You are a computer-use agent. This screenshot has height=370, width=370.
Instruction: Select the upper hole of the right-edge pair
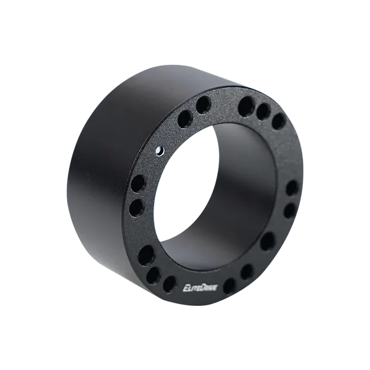coord(292,187)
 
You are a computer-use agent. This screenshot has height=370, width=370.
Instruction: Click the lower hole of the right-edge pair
coord(289,211)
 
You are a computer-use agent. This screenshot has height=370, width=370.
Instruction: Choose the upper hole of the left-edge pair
coord(138,183)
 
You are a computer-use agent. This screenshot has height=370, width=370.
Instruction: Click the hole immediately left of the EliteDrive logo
coord(168,284)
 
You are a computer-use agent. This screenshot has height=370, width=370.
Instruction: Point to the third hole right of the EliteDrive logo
coord(267,241)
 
